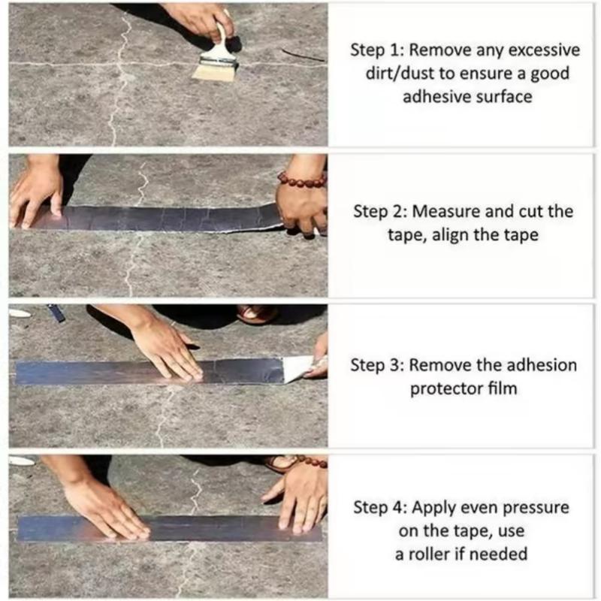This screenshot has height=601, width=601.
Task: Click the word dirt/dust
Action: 385,74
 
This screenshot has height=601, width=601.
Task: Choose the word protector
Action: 443,388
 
